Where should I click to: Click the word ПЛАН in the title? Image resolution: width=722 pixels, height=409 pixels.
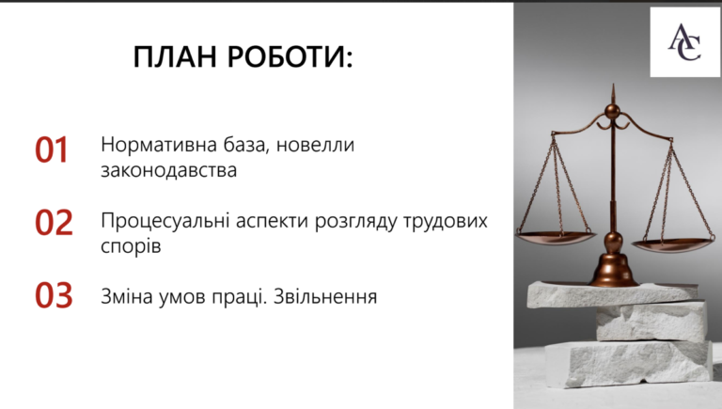point(175,56)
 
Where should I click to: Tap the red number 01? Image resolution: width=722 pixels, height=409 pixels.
point(52,150)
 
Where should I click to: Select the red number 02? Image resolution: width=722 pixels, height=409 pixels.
point(54,223)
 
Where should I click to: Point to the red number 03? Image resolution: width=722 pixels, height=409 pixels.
point(54,295)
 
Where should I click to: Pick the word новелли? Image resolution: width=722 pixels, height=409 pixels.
point(316,146)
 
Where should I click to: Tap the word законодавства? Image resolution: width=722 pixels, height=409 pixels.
point(168,170)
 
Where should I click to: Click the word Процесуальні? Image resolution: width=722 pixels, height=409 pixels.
point(165,222)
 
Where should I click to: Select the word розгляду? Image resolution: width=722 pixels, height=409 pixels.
point(355,222)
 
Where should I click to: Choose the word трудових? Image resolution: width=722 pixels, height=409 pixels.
point(446,222)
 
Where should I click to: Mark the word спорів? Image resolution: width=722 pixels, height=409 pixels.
point(131,246)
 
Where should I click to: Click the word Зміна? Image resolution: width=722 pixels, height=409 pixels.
point(126,296)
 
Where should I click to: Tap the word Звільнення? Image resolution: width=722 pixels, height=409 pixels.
point(325,296)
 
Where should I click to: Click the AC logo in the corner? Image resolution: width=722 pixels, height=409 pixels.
point(684,42)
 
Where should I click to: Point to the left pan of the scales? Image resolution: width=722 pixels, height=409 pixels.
point(555,238)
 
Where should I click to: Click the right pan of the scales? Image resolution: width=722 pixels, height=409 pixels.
point(673,245)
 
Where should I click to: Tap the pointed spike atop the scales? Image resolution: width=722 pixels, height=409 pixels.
point(613,93)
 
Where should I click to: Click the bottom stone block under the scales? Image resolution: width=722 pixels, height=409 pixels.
point(629,363)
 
